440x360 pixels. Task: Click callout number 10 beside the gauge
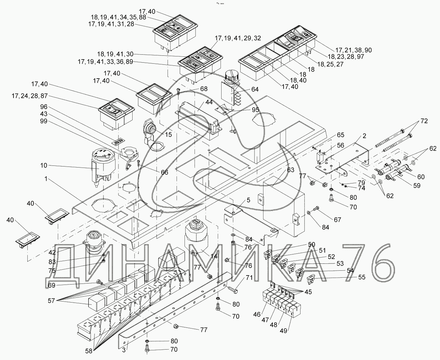point(43,165)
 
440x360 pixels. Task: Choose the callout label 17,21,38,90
point(353,50)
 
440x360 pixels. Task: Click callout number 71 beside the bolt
point(250,278)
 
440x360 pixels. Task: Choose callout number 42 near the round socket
point(52,252)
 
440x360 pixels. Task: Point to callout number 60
point(421,177)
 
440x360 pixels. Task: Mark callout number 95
point(255,110)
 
